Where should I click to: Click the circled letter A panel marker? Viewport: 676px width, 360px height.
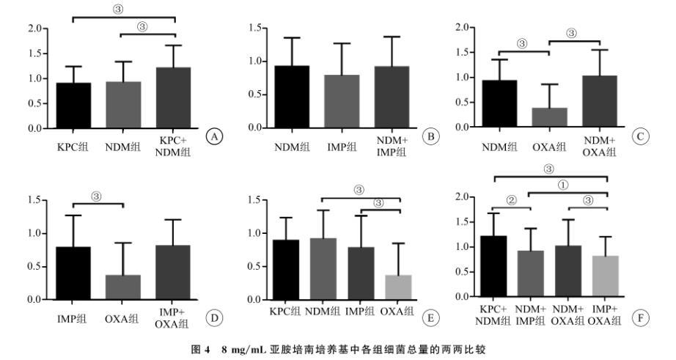click(x=215, y=137)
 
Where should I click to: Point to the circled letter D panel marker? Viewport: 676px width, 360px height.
click(x=214, y=317)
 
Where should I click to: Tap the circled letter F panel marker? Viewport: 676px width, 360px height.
click(x=642, y=319)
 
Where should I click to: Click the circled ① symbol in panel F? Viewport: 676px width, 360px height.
click(x=563, y=185)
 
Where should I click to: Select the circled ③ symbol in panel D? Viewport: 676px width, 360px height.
click(x=98, y=196)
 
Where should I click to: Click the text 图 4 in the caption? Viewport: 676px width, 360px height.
click(x=207, y=350)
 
